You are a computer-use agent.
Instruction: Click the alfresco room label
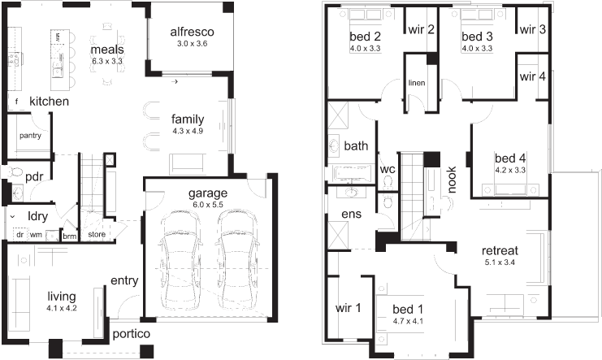click(x=192, y=32)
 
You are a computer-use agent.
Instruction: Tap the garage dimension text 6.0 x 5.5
click(x=208, y=205)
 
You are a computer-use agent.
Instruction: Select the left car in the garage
click(x=180, y=259)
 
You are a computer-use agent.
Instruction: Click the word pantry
click(x=30, y=136)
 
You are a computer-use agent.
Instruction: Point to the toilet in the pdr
click(x=14, y=171)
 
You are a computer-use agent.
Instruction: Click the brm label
click(x=70, y=236)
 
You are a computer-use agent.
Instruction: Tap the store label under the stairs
click(x=97, y=234)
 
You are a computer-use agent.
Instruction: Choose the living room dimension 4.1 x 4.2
click(x=62, y=308)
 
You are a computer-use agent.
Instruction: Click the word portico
click(x=132, y=334)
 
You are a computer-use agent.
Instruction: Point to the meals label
click(x=107, y=50)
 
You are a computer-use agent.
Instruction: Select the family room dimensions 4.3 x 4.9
click(x=188, y=131)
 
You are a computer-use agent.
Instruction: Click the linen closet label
click(x=417, y=83)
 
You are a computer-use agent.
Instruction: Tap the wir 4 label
click(x=532, y=76)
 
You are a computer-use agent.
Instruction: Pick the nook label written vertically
click(x=452, y=180)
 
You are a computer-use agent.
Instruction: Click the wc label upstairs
click(x=388, y=169)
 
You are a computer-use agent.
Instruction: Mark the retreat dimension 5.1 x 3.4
click(x=500, y=262)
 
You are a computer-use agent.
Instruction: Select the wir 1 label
click(x=349, y=308)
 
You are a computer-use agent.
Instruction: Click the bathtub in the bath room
click(x=352, y=173)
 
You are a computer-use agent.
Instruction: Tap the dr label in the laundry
click(x=20, y=234)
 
